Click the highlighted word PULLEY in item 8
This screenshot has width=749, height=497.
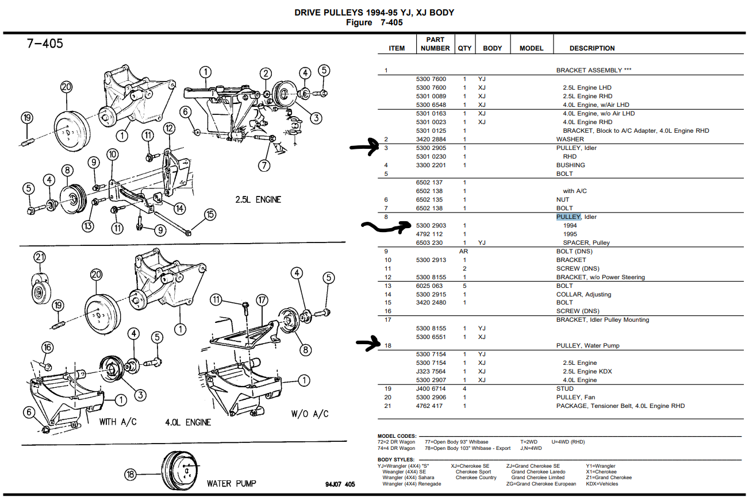pos(569,217)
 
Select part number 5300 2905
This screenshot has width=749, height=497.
pos(431,148)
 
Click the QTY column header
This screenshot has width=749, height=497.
pos(464,48)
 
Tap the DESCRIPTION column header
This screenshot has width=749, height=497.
pos(592,48)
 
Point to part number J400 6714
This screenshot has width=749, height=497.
pos(431,388)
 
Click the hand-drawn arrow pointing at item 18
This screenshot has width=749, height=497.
pos(368,345)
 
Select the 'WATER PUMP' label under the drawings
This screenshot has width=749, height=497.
pos(232,483)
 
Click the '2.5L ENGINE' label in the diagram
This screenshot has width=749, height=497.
pos(258,199)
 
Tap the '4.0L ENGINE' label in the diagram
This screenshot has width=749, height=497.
pos(187,422)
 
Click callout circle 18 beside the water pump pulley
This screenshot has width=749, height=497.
pos(130,474)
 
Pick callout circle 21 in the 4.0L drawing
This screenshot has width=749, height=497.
pos(39,257)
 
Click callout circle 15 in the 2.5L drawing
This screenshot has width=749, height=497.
pos(210,214)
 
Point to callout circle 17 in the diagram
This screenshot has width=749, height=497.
pos(262,299)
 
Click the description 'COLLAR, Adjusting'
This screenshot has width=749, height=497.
pos(583,294)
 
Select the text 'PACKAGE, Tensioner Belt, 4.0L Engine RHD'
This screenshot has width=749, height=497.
pos(620,406)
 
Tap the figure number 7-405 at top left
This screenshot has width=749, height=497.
pos(44,44)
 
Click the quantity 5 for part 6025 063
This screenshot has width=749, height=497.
pos(464,286)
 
